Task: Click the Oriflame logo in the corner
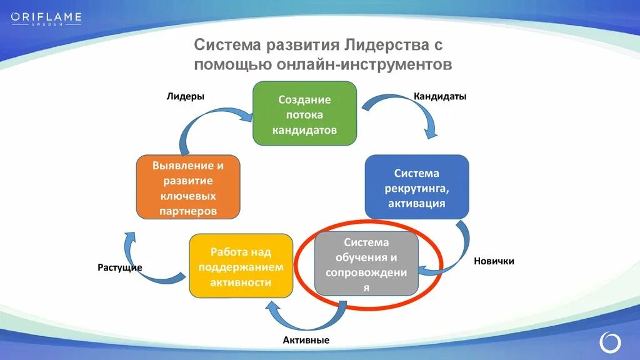pos(46,17)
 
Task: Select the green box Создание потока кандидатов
pos(304,113)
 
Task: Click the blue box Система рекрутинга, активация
pos(416,187)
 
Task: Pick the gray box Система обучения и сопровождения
pos(366,264)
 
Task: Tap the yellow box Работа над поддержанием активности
pos(241,266)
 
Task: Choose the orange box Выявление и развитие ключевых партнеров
pos(187,187)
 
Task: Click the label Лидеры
pos(186,96)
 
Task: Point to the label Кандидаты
pos(440,96)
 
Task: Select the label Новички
pos(494,261)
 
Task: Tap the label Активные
pos(306,340)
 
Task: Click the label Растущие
pos(119,267)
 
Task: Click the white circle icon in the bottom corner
pos(610,341)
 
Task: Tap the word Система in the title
pos(227,46)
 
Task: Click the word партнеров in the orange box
pos(188,211)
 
